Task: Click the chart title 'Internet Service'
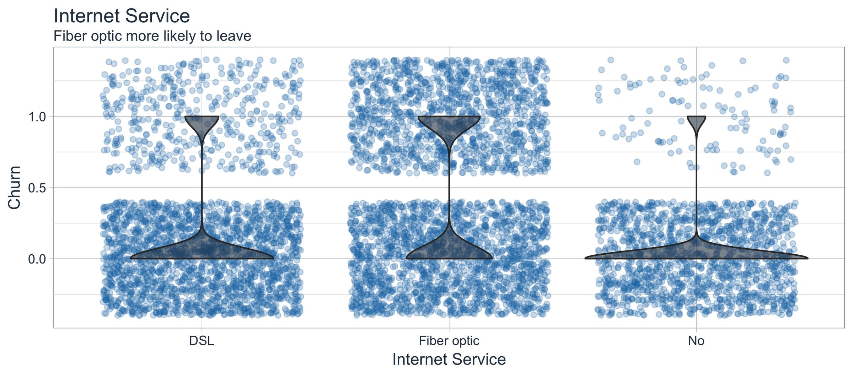coord(122,16)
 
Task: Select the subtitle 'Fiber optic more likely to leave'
coord(152,36)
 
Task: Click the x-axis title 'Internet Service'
coord(449,360)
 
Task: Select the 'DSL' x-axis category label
coord(202,341)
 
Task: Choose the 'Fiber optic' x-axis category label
coord(449,341)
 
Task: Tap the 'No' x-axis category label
coord(696,341)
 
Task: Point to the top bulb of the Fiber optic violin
coord(449,124)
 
